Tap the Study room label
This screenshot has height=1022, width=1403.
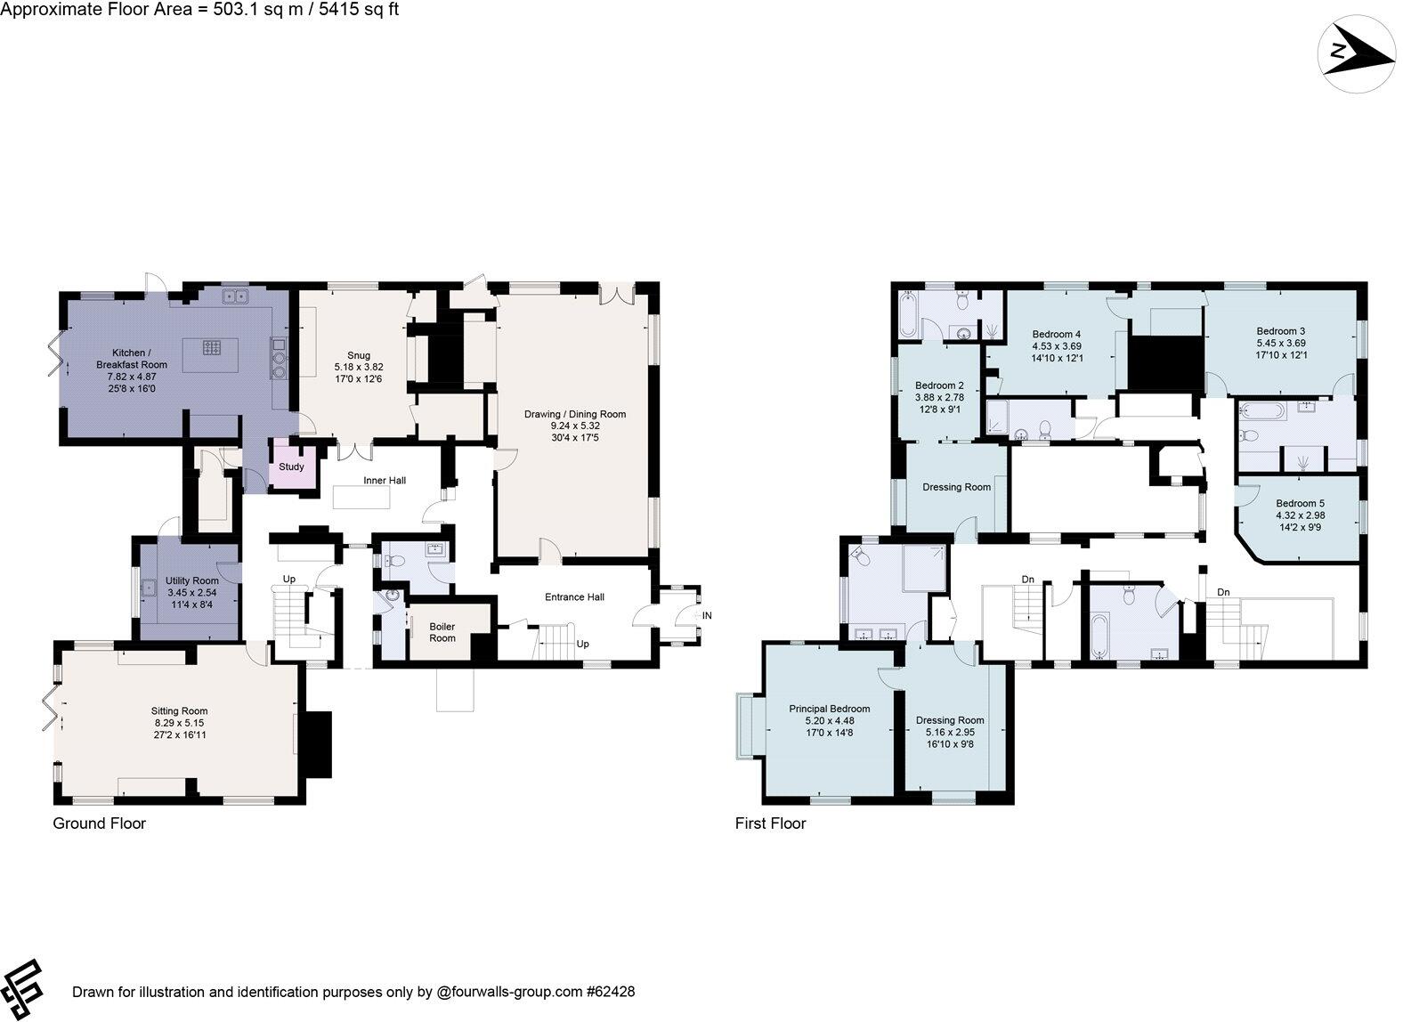point(291,466)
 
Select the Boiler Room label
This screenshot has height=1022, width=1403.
point(442,632)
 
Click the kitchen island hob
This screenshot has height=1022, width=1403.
point(212,348)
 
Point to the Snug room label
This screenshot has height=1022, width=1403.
point(359,356)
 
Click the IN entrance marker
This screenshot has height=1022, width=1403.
point(707,615)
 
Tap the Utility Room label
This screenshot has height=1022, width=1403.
point(191,580)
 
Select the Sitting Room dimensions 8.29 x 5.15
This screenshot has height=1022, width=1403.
point(180,723)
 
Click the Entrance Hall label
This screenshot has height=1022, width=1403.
point(574,596)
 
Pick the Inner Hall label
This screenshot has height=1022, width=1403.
point(385,481)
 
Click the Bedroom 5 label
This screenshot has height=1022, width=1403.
point(1300,503)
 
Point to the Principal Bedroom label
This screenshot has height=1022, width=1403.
point(829,709)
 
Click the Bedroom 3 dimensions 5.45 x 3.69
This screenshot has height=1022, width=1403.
point(1281,343)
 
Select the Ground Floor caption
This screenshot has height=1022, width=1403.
point(99,823)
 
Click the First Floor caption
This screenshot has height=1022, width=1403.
point(770,823)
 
